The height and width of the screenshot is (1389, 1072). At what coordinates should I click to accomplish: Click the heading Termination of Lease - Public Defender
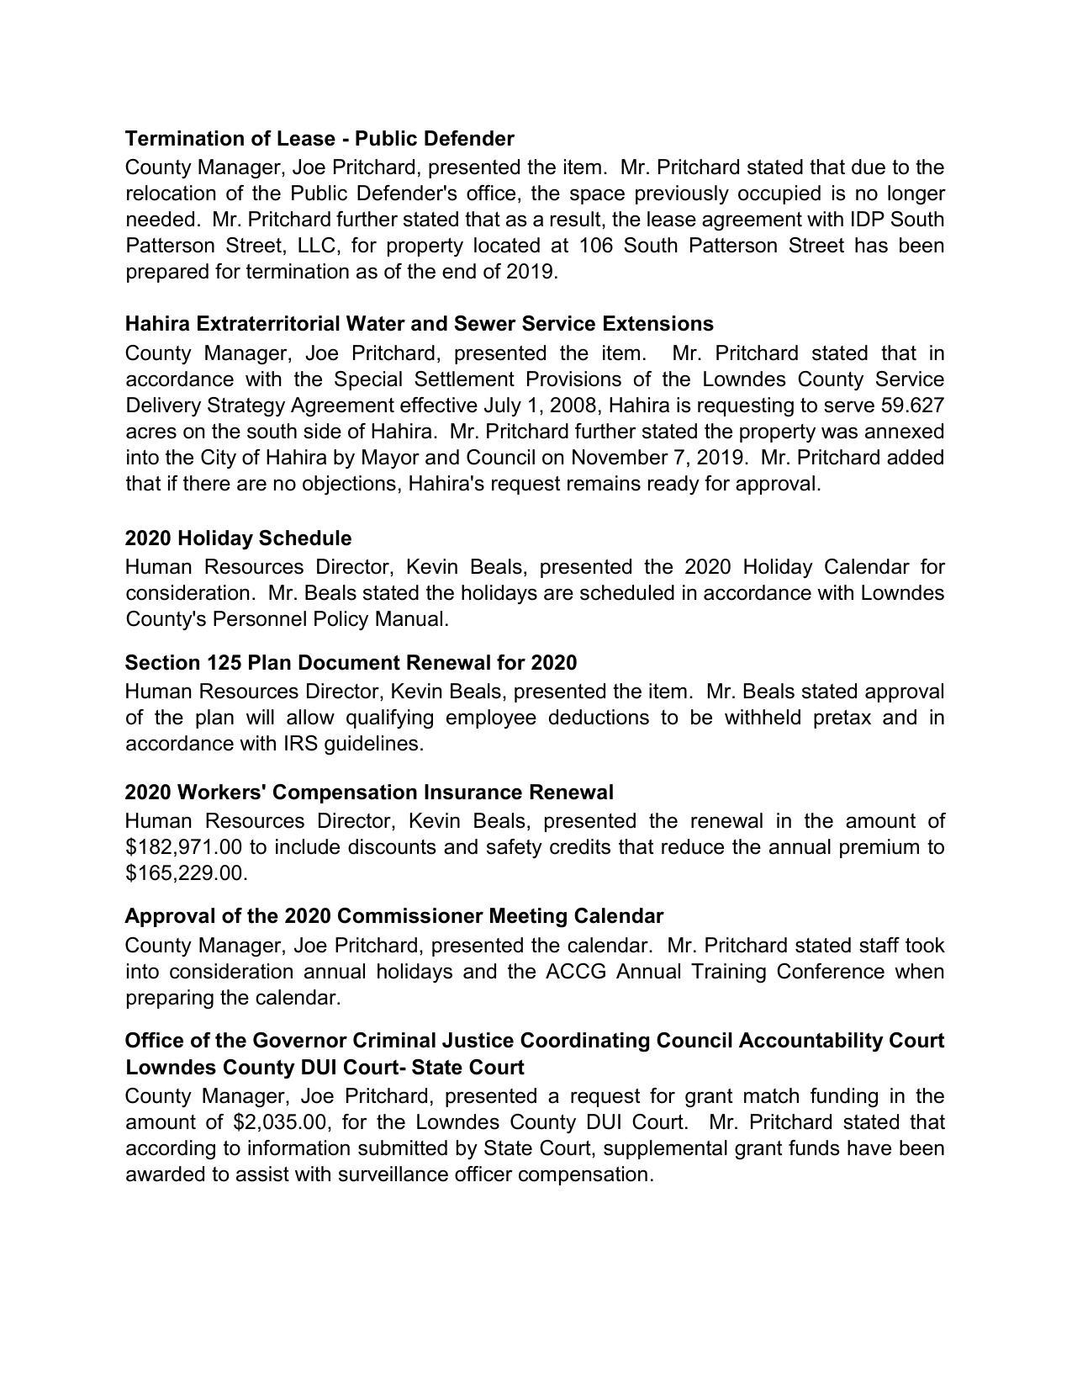point(319,138)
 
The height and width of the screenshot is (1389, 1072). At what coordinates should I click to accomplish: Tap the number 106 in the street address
point(596,246)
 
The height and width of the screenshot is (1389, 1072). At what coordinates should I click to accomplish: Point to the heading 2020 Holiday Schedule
point(238,538)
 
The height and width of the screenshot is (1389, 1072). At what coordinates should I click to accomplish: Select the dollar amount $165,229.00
point(185,873)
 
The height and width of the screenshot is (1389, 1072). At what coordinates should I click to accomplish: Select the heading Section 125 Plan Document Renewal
point(351,663)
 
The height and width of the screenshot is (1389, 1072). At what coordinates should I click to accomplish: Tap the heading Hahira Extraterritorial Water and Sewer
point(419,324)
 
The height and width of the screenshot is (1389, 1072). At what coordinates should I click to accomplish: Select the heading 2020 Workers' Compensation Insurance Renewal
point(369,793)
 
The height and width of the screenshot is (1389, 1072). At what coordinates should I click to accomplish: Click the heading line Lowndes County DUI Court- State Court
point(325,1068)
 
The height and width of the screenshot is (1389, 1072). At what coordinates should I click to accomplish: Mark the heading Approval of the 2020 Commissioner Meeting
point(393,916)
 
